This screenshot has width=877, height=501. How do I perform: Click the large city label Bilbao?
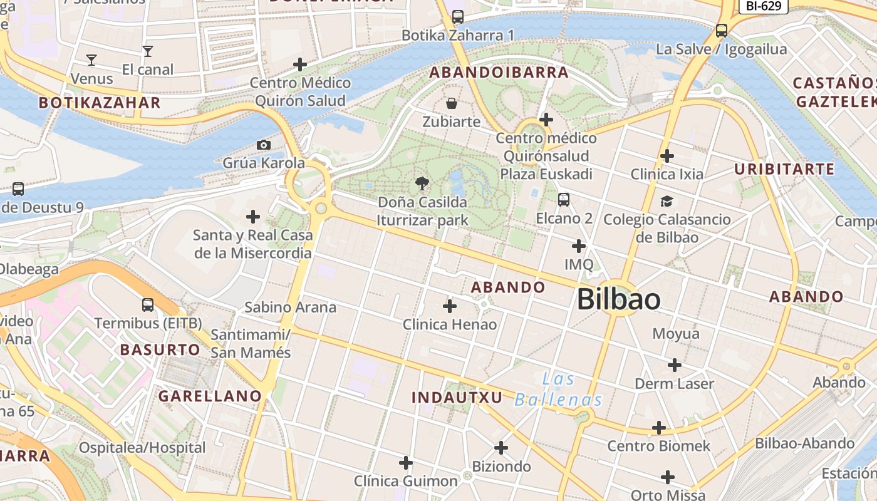click(618, 299)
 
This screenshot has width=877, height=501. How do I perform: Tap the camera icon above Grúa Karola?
click(264, 145)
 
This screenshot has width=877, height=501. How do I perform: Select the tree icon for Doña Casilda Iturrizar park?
click(422, 183)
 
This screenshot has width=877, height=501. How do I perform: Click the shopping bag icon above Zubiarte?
click(451, 103)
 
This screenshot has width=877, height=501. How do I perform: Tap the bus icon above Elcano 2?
click(564, 200)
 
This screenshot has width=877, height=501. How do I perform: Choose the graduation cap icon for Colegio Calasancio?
click(667, 201)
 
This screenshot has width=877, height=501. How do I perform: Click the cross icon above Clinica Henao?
click(450, 306)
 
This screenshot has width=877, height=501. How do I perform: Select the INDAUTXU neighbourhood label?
click(457, 397)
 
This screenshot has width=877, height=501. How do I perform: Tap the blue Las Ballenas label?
click(558, 390)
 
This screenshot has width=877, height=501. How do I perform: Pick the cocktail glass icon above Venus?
click(91, 60)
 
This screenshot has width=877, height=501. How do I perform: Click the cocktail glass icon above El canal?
click(147, 51)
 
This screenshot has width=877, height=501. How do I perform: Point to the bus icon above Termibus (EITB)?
click(148, 305)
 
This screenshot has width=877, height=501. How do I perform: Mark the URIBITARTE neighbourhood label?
click(784, 169)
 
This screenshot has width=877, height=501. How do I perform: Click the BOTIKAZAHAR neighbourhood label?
click(100, 103)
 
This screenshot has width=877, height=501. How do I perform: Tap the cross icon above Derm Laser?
click(675, 365)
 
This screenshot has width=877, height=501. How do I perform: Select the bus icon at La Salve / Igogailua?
click(722, 30)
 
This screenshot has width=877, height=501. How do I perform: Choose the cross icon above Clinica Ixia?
click(667, 155)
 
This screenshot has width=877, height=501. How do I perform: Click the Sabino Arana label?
click(290, 307)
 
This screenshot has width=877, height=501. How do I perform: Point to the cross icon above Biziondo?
click(501, 448)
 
